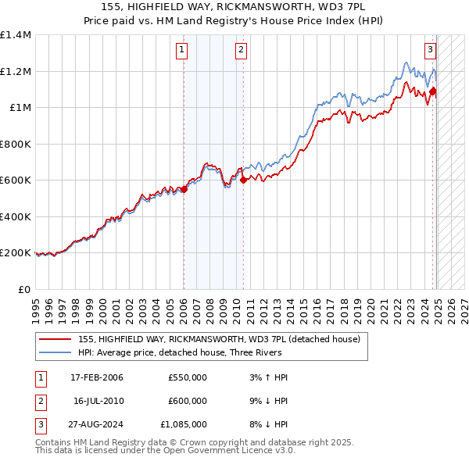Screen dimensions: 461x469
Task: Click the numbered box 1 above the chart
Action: tap(181, 50)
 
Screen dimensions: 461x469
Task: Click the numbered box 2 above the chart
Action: tap(241, 50)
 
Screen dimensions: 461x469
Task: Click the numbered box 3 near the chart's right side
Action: tap(431, 50)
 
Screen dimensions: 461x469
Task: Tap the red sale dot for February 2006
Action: tap(184, 188)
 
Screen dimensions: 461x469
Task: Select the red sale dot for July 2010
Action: tap(243, 180)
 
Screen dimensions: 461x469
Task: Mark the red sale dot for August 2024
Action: tap(432, 91)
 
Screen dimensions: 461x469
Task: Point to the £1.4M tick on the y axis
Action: tap(16, 35)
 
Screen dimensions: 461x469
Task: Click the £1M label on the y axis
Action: tap(20, 108)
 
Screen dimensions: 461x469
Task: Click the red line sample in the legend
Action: tap(55, 339)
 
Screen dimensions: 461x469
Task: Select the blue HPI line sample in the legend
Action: tap(55, 352)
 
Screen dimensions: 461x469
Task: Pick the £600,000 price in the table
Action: tap(188, 401)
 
